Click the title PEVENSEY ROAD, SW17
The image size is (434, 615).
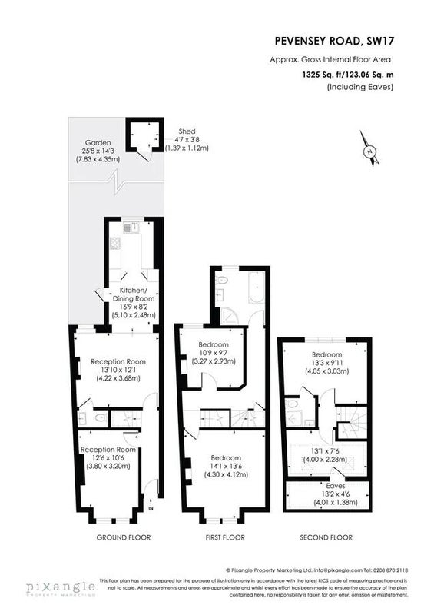334,41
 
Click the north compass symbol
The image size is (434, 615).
369,148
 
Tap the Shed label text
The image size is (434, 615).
187,131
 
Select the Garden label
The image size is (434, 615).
98,143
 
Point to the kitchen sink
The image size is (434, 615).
129,228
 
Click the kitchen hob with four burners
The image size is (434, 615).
115,244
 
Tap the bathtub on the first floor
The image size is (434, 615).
257,288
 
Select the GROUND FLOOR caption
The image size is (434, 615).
124,537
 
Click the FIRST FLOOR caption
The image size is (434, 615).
225,537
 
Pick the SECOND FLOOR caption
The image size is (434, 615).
326,537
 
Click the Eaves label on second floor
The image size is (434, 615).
336,486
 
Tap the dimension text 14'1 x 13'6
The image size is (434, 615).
226,467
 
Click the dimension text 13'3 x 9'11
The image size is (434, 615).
327,363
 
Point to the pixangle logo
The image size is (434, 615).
61,588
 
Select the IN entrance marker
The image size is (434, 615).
151,509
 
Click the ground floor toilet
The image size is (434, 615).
101,418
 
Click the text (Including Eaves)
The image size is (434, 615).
360,87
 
